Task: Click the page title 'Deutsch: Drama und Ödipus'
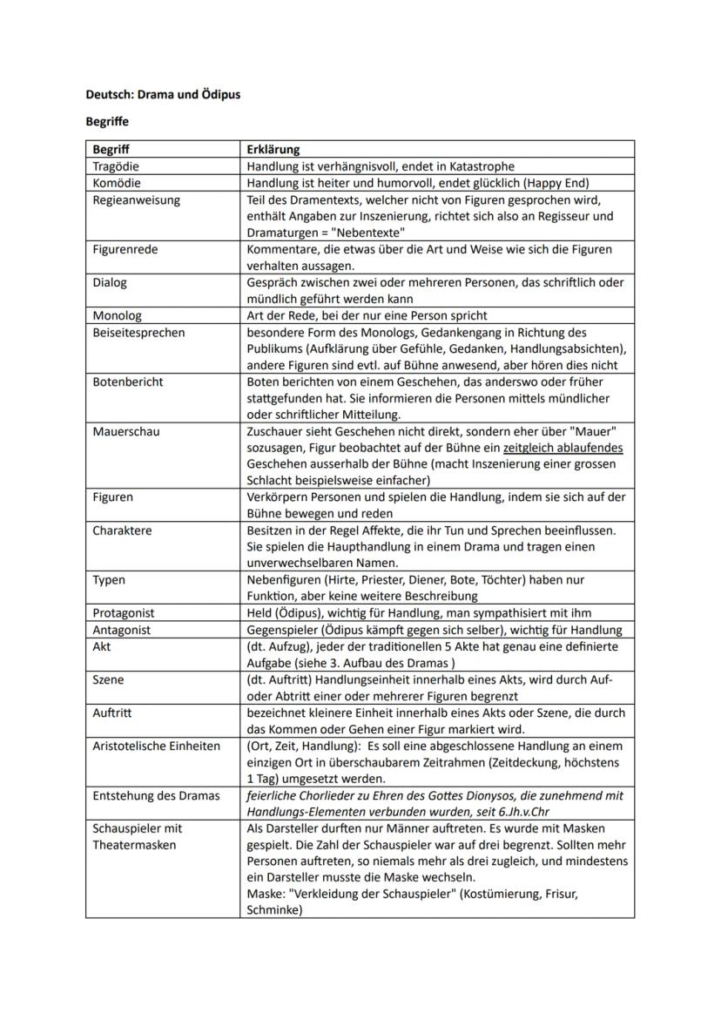pyautogui.click(x=163, y=94)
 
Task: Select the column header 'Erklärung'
pyautogui.click(x=273, y=149)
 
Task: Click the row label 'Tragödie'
pyautogui.click(x=116, y=165)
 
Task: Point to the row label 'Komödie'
pyautogui.click(x=116, y=183)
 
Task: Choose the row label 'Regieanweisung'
pyautogui.click(x=136, y=199)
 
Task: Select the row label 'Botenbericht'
pyautogui.click(x=127, y=382)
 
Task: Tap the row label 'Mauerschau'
pyautogui.click(x=125, y=431)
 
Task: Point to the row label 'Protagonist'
pyautogui.click(x=124, y=613)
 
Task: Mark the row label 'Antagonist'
pyautogui.click(x=122, y=630)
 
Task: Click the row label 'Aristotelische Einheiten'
pyautogui.click(x=156, y=746)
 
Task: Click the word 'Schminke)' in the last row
pyautogui.click(x=274, y=910)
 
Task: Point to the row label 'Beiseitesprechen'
pyautogui.click(x=138, y=332)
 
